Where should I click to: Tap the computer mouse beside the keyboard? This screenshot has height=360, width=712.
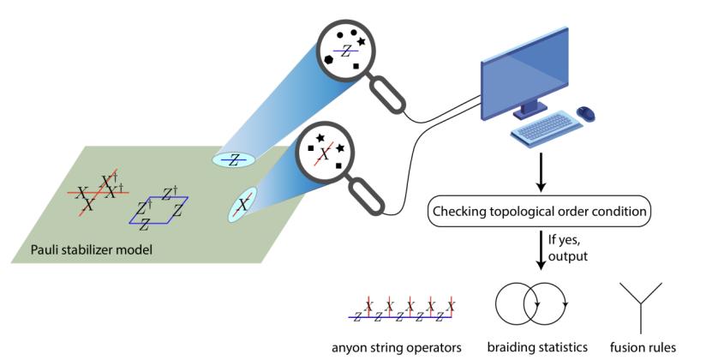coord(587,113)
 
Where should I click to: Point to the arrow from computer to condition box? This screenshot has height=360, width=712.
coord(536,172)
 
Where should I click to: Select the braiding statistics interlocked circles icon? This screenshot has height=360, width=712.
coord(535,305)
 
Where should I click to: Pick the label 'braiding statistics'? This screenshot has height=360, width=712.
coord(536,347)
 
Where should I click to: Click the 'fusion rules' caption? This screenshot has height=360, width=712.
coord(643,347)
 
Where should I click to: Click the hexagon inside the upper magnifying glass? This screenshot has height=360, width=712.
coord(329,58)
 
